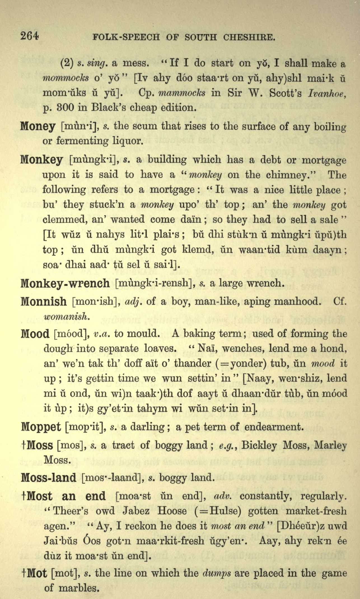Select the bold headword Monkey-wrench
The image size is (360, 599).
pos(65,283)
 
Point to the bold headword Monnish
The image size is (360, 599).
pos(44,302)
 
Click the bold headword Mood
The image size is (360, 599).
pos(35,334)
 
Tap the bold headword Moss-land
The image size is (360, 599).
pos(48,478)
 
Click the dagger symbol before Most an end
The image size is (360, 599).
pos(23,496)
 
